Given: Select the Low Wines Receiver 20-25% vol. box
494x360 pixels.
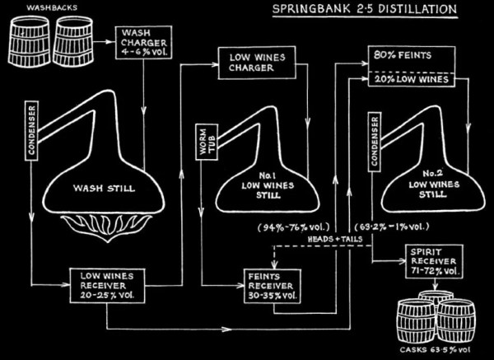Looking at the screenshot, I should pos(106,282).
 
